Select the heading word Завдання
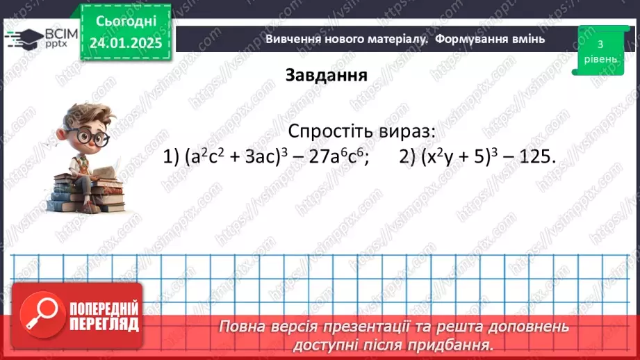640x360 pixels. (326, 76)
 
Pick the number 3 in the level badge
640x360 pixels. (599, 44)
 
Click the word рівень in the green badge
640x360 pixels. (599, 59)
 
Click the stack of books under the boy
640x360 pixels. (87, 196)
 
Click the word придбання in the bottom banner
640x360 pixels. (454, 344)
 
